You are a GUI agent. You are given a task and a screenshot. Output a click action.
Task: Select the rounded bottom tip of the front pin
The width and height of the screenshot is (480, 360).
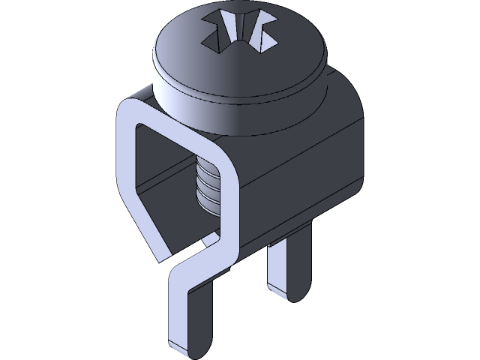coord(187,349)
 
